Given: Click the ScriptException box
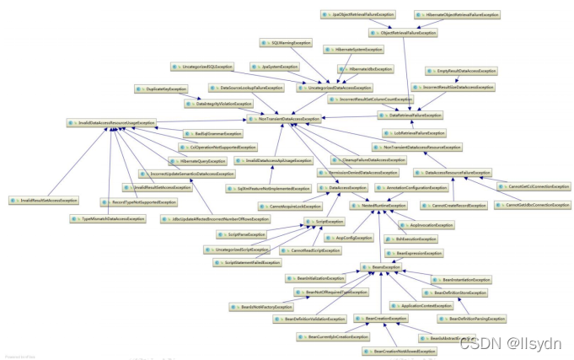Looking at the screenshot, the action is [325, 221].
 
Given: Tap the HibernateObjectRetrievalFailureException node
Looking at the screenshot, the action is [458, 15].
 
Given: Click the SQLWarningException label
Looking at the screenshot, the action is [283, 41].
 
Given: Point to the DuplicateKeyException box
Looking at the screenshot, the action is [162, 89].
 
